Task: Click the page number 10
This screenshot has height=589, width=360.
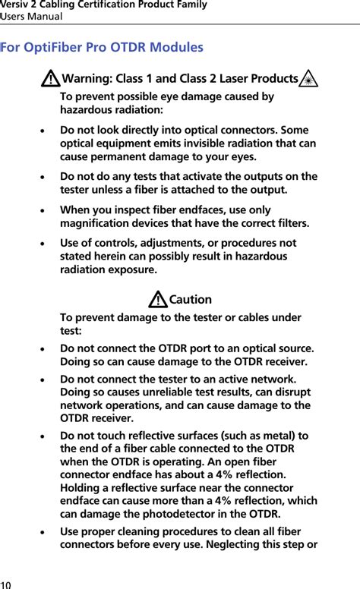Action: coord(6,584)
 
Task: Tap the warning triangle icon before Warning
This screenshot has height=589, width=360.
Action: coord(52,79)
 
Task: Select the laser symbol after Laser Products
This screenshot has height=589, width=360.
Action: coord(308,79)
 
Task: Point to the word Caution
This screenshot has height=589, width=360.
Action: coord(191,300)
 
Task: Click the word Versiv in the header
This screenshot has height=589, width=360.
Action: coord(14,5)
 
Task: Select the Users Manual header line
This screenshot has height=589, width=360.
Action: coord(31,16)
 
